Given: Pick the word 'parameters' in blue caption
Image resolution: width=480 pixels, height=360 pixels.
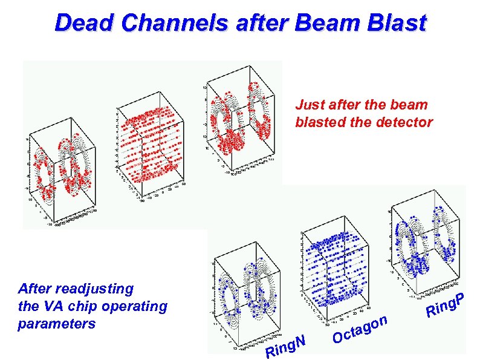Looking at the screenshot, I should point(57,324).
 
